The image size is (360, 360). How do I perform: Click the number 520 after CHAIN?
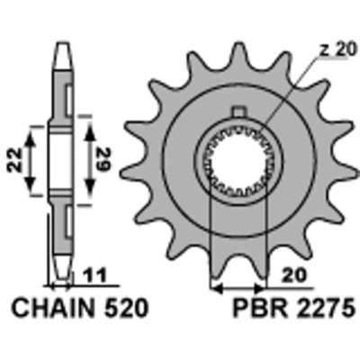[x=125, y=308]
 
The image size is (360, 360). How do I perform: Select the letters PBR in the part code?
[x=256, y=309]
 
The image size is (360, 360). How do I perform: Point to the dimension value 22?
[x=14, y=160]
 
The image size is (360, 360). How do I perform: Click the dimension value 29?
[x=103, y=160]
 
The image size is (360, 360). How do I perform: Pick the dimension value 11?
[x=94, y=276]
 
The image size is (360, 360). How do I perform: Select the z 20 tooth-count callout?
[x=337, y=49]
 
